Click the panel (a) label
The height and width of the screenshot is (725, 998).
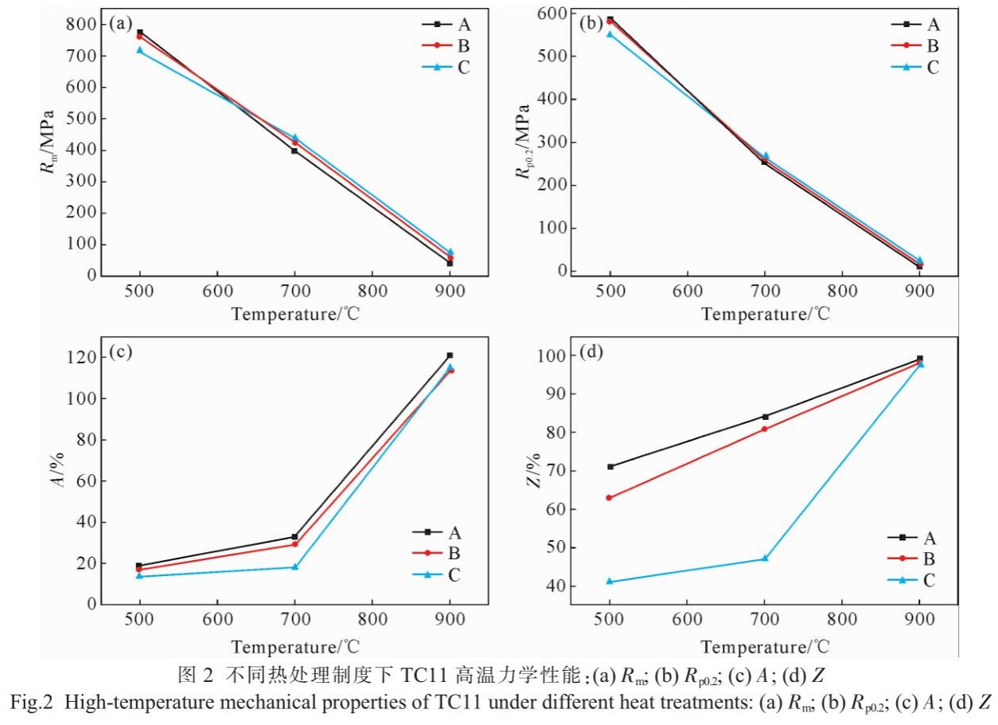(x=121, y=23)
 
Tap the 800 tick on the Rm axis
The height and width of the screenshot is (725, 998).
(x=82, y=25)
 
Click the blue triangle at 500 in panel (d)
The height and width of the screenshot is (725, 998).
(x=610, y=582)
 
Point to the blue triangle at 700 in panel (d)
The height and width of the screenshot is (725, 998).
(x=765, y=558)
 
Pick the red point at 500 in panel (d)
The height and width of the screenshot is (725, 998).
(x=610, y=498)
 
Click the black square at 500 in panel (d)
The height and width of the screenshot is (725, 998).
(x=610, y=467)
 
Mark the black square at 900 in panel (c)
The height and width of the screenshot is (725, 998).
(x=450, y=355)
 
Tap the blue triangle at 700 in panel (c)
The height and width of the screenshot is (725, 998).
(x=294, y=567)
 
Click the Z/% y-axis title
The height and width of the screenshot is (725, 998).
(x=534, y=470)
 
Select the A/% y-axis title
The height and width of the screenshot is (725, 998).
(x=63, y=471)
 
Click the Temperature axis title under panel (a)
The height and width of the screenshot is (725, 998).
(x=295, y=314)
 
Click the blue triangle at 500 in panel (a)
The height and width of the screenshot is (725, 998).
(x=140, y=50)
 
